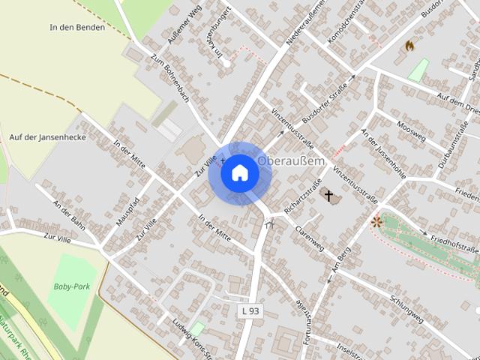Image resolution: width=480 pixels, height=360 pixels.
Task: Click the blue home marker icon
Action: coord(239,173)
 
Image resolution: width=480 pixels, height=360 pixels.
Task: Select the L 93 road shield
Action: coord(251,310)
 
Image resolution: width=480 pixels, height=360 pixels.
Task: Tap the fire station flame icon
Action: coord(409,46)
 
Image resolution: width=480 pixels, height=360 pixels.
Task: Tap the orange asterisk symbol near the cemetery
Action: coord(376,221)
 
